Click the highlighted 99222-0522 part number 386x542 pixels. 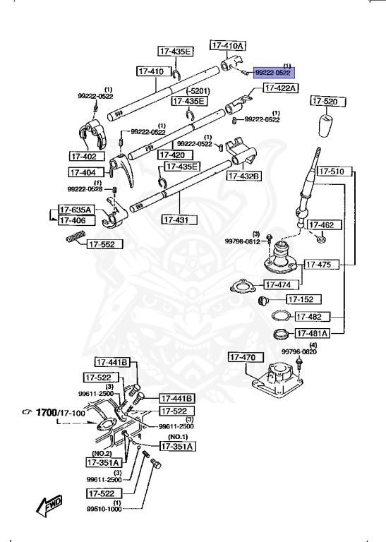click(273, 72)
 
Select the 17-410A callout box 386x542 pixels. click(228, 45)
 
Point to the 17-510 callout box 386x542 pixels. click(332, 171)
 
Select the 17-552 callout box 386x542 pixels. click(105, 245)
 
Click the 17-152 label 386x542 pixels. click(303, 299)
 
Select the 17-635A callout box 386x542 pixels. click(76, 210)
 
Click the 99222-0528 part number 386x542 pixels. click(85, 189)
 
